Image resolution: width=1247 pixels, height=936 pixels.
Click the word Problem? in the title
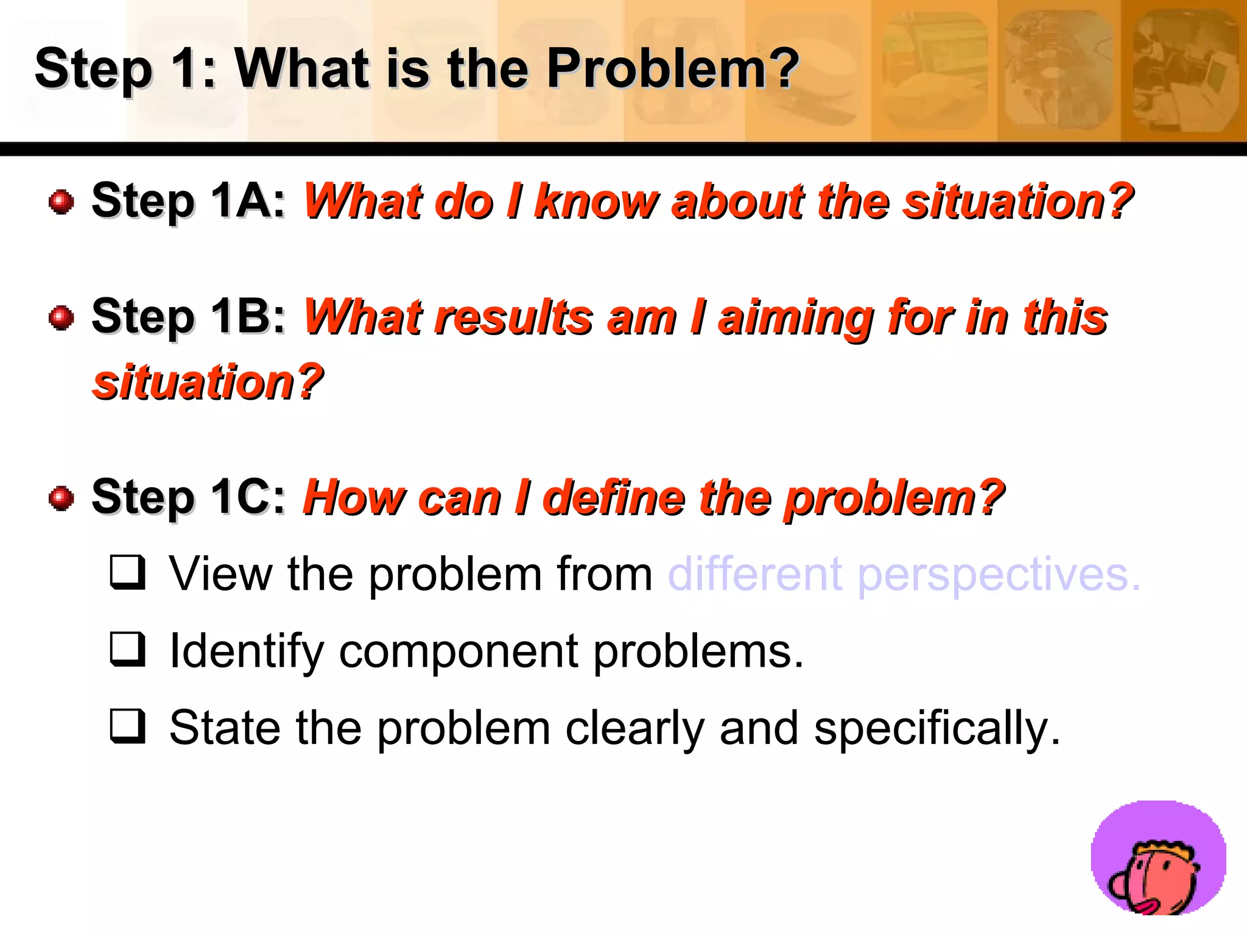[672, 68]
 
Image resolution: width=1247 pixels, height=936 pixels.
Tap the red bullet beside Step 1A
[61, 202]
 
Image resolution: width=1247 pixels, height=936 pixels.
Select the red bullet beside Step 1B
[61, 317]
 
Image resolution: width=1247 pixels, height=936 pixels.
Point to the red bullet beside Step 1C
[61, 498]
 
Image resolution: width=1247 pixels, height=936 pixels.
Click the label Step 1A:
[188, 200]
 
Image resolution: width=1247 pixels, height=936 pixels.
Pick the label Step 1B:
[188, 316]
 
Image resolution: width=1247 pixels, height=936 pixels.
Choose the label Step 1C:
[188, 497]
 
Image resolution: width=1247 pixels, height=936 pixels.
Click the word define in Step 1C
[614, 498]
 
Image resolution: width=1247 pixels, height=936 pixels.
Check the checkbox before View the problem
[128, 572]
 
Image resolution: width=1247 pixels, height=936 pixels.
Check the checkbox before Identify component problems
[128, 648]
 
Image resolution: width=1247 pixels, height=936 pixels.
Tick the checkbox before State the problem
[128, 726]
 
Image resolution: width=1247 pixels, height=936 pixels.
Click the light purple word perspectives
[999, 575]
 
